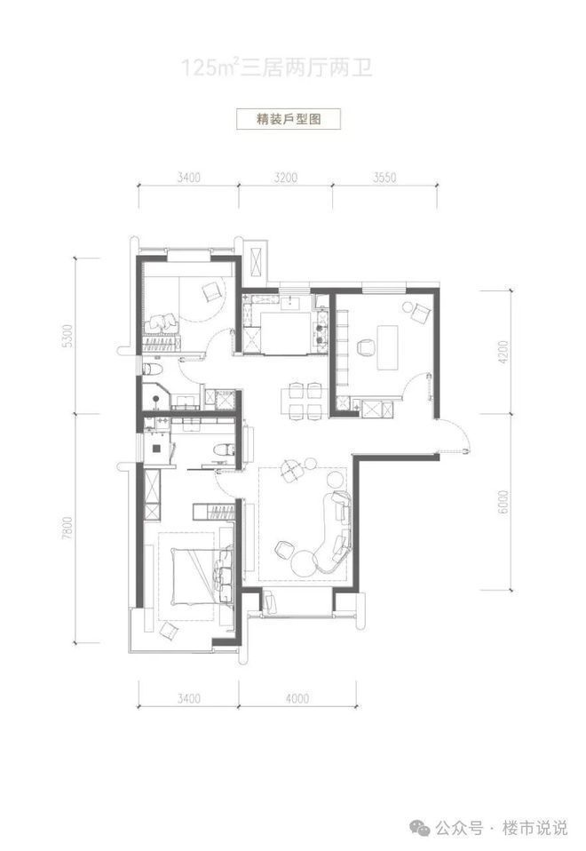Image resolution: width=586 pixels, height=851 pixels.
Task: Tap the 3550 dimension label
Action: click(384, 178)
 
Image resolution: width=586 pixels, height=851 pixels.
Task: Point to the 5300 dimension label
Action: click(67, 336)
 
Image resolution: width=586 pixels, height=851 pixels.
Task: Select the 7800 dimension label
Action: click(67, 528)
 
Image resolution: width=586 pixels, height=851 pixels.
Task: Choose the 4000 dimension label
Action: click(297, 697)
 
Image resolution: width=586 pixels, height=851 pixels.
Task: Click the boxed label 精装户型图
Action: click(288, 119)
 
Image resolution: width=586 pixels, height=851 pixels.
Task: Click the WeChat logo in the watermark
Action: click(421, 828)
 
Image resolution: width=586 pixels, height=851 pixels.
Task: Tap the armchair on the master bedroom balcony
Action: click(168, 631)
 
